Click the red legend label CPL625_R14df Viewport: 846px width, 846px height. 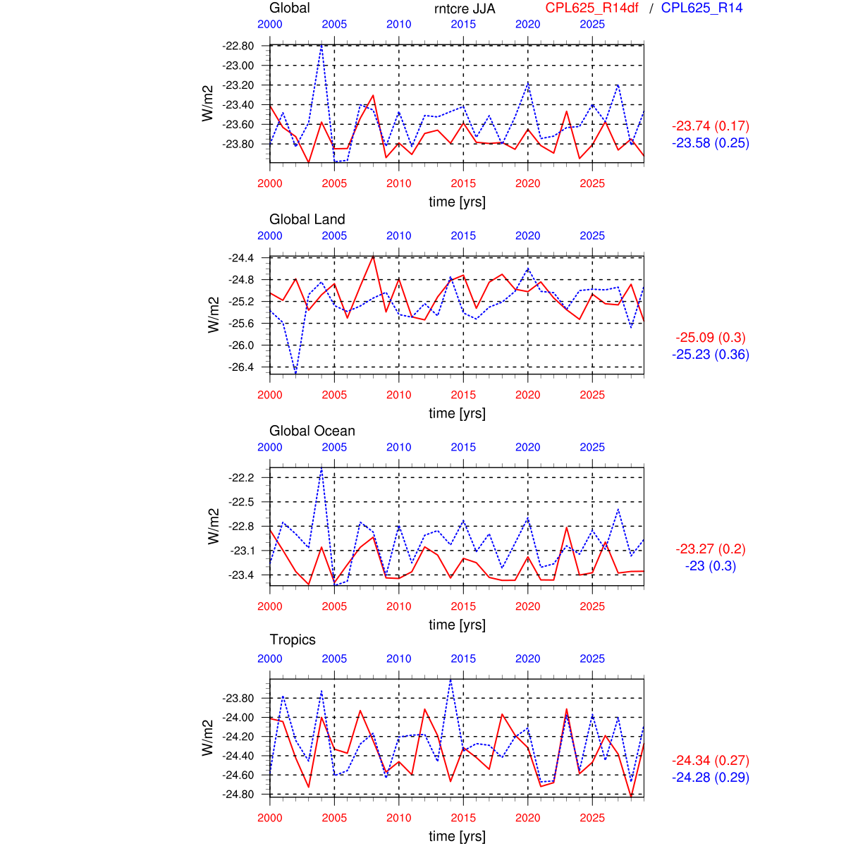[591, 8]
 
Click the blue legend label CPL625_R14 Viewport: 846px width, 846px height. [701, 8]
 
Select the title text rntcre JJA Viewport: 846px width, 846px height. [465, 8]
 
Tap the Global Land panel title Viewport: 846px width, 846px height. [307, 219]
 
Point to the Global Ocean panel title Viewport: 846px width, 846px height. [312, 431]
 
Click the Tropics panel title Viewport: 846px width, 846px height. [293, 639]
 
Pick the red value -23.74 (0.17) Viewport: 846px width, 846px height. [711, 126]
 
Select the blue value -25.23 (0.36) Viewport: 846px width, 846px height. [711, 355]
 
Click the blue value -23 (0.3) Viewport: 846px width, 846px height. [711, 566]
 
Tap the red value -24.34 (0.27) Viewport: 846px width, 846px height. [711, 761]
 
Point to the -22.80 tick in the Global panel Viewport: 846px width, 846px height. [238, 46]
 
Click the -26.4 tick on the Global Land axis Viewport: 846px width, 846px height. [240, 367]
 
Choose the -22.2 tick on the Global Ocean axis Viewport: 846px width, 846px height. [240, 478]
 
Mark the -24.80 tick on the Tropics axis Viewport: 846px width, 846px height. [238, 795]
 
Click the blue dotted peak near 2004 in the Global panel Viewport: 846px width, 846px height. [321, 46]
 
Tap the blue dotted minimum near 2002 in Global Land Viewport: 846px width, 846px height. [295, 372]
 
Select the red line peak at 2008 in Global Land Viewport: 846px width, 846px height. [373, 255]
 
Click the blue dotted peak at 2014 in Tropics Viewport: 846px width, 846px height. [450, 680]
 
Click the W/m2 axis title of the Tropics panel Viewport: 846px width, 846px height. [207, 738]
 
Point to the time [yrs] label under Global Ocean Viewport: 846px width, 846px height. [457, 625]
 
